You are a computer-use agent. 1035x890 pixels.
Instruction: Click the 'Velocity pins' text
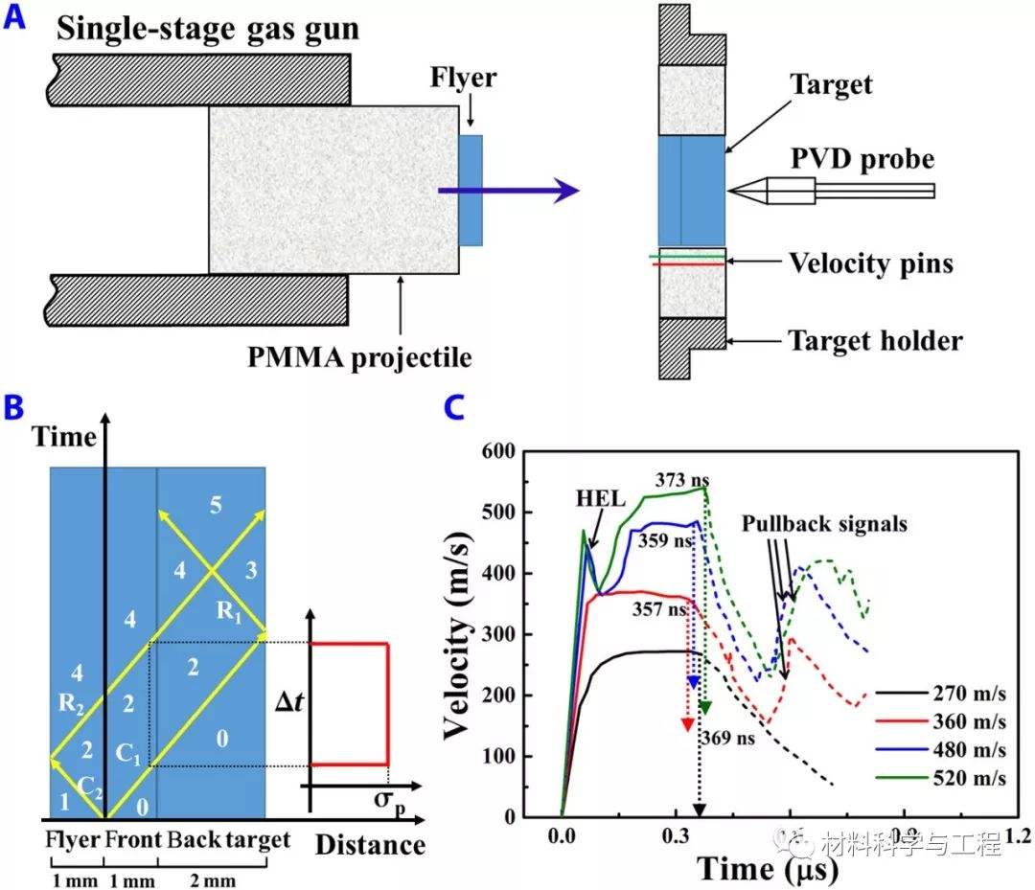click(870, 262)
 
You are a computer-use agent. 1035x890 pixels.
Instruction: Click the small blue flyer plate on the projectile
click(471, 192)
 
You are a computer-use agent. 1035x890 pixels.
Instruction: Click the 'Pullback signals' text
click(824, 524)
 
